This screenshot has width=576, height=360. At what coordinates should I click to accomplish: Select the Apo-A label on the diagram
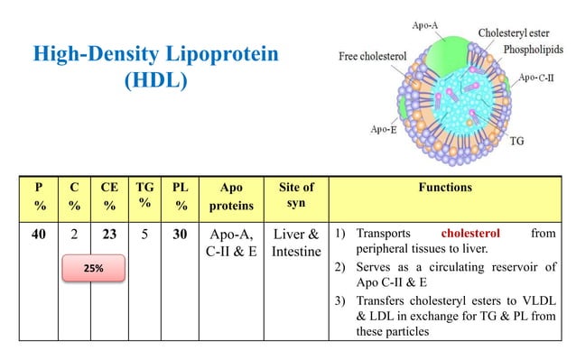point(426,28)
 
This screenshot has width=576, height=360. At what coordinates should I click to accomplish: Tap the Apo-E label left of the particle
point(383,129)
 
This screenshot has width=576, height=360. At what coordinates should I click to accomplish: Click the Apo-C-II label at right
point(540,78)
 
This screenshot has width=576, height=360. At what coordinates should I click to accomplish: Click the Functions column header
point(445,189)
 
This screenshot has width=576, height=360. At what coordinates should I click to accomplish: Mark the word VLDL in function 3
point(535,303)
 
